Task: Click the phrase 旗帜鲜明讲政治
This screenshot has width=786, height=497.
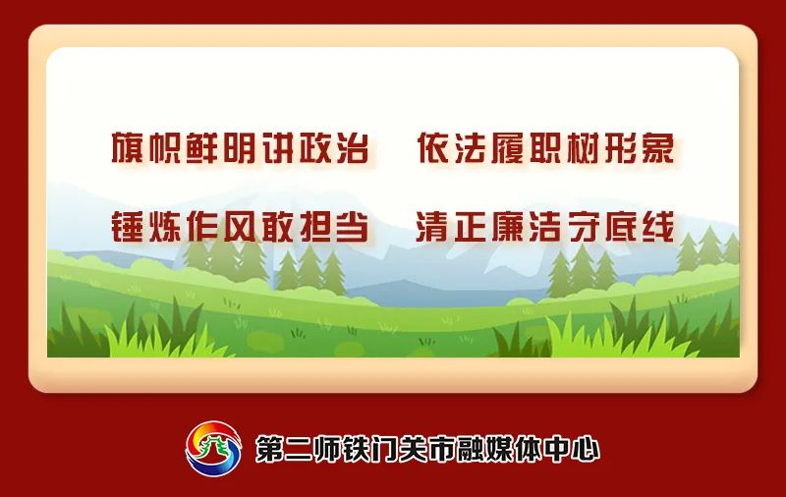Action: click(240, 148)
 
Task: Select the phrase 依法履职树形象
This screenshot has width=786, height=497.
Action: click(545, 148)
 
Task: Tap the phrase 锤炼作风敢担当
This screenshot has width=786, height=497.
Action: click(240, 227)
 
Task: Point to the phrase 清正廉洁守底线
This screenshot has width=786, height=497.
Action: click(545, 227)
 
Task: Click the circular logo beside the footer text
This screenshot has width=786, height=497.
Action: click(213, 449)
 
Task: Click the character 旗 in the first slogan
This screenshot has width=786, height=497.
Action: click(128, 148)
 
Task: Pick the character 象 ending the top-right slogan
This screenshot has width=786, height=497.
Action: click(658, 148)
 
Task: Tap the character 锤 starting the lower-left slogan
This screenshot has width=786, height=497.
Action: click(128, 227)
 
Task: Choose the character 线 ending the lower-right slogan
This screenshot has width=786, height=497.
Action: click(658, 227)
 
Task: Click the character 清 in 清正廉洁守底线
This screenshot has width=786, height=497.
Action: click(432, 227)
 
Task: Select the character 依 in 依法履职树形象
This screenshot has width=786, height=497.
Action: click(433, 148)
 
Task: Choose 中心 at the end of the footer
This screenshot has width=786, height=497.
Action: click(572, 449)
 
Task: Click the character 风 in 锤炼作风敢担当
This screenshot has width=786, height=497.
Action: click(240, 227)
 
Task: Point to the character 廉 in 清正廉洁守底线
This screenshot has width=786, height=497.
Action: click(508, 227)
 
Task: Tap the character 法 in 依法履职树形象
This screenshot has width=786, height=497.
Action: click(471, 148)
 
